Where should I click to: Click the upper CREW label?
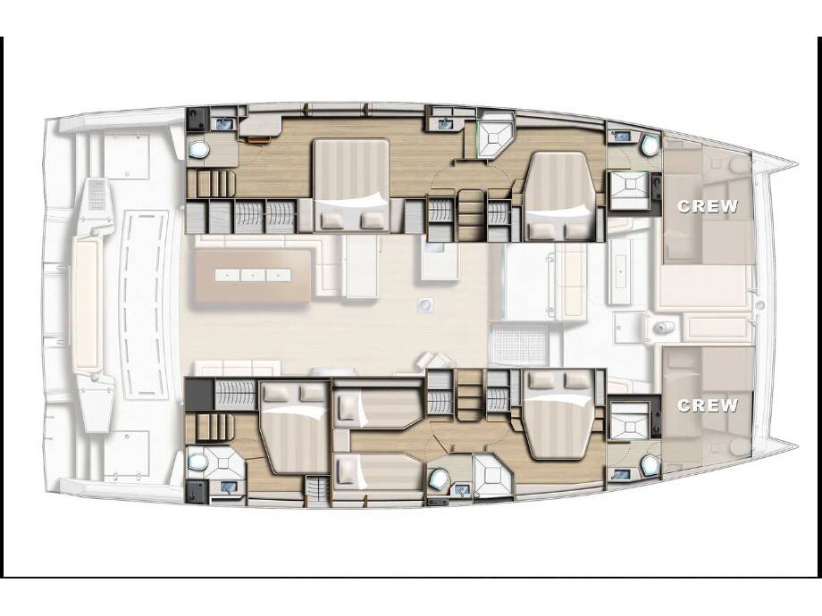coord(708,206)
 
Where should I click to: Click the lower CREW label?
coord(708,405)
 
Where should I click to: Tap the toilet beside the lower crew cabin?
coord(649,465)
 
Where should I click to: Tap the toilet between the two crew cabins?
coord(663,328)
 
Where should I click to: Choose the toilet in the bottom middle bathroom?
coord(439,479)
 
